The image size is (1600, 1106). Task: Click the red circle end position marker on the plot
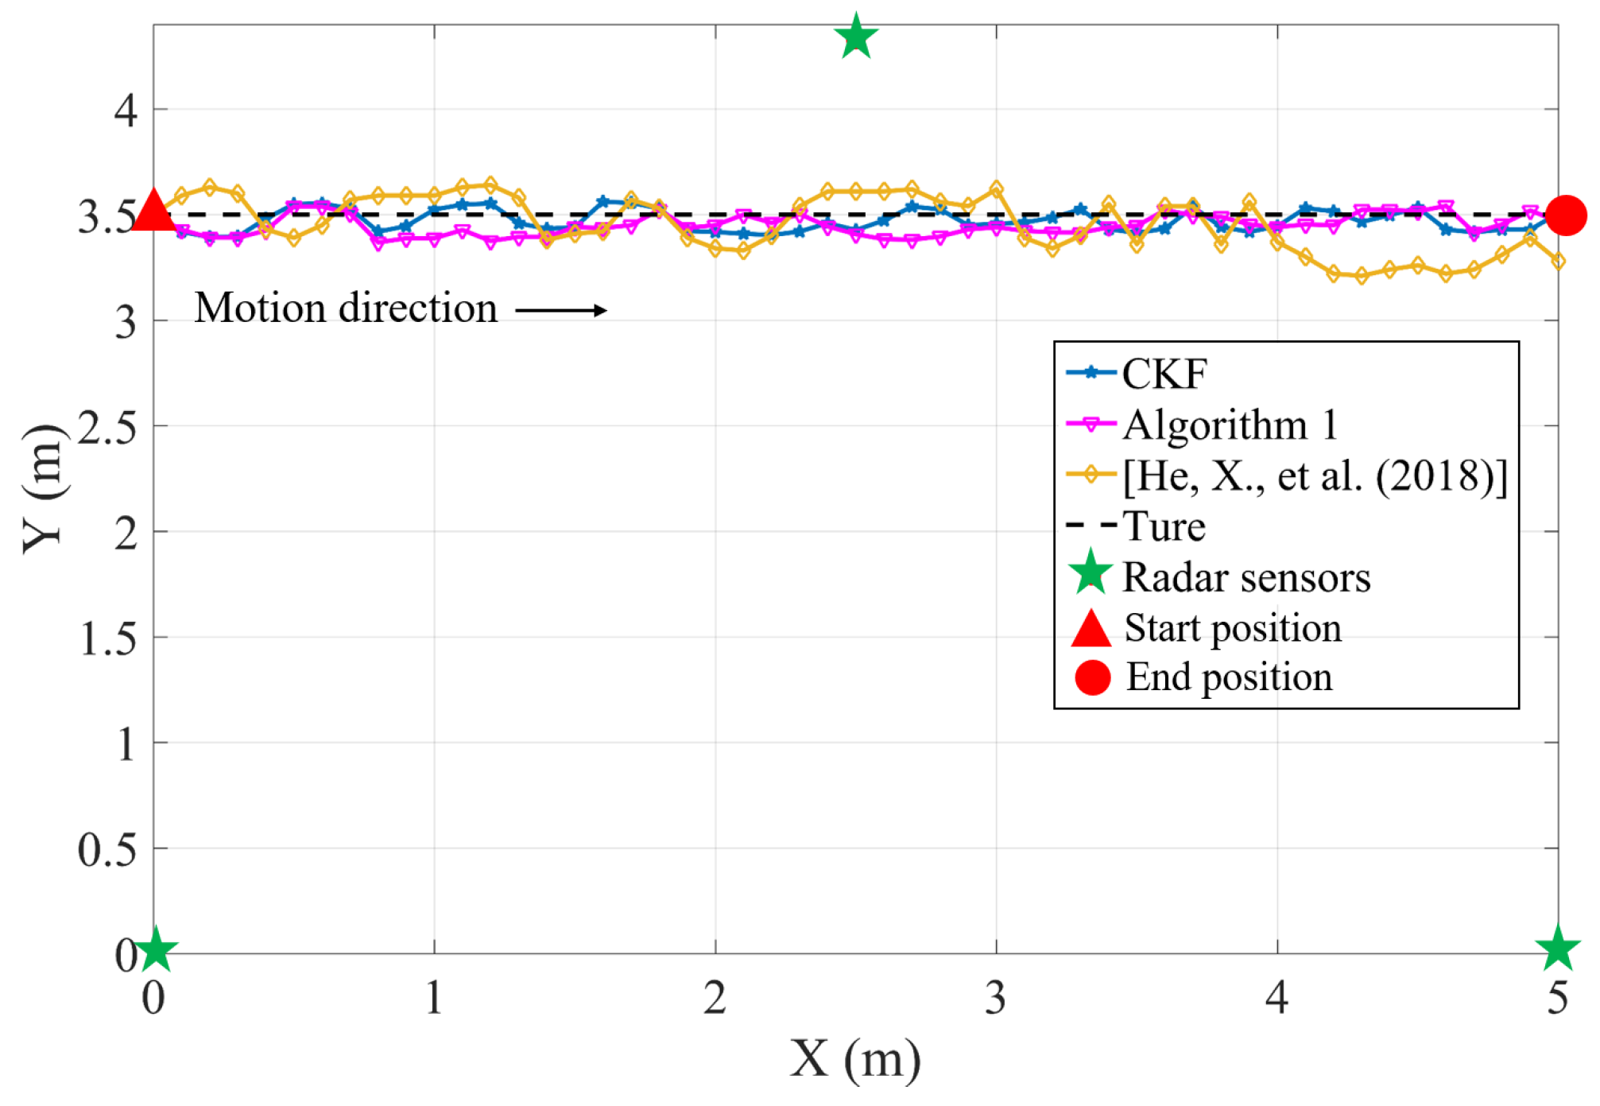pos(1564,215)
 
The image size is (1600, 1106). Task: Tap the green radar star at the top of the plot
pos(856,37)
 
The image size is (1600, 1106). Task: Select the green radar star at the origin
pos(156,949)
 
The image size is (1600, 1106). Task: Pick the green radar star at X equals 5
pos(1557,949)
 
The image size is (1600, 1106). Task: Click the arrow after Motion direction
pos(561,310)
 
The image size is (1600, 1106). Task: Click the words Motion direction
pos(346,309)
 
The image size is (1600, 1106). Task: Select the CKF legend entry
pos(1164,374)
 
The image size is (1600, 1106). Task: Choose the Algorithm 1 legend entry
pos(1230,425)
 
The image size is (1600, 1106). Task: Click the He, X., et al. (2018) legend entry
pos(1314,475)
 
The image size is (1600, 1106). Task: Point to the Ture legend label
pos(1164,526)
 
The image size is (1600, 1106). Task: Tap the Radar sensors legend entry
pos(1246,577)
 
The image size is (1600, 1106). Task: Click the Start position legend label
pos(1232,628)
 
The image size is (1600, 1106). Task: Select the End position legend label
pos(1229,677)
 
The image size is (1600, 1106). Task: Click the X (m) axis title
pos(855,1059)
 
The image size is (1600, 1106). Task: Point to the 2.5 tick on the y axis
pos(107,429)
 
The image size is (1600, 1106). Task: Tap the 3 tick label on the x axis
pos(995,998)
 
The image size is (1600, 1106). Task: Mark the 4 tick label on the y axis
pos(126,111)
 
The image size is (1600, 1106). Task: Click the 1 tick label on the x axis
pos(433,998)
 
